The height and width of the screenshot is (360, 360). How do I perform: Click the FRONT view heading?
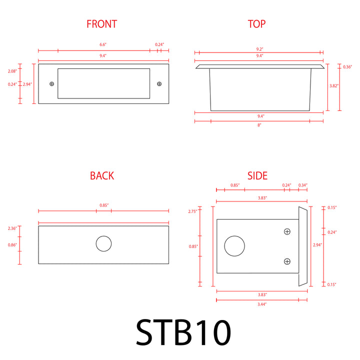pos(101,24)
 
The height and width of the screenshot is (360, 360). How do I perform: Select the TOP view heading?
pos(256,24)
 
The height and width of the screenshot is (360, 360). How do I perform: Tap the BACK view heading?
pos(102,176)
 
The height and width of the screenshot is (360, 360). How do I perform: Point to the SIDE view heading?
pos(257,176)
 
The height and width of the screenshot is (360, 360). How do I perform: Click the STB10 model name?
pos(183,332)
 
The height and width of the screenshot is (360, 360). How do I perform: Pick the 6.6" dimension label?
pos(103,44)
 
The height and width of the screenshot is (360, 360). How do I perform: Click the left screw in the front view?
pos(52,84)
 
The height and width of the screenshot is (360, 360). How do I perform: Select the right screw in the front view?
pos(159,84)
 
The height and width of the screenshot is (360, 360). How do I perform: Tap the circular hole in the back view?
pos(104,243)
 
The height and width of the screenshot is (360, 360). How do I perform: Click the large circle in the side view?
pos(234,246)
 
